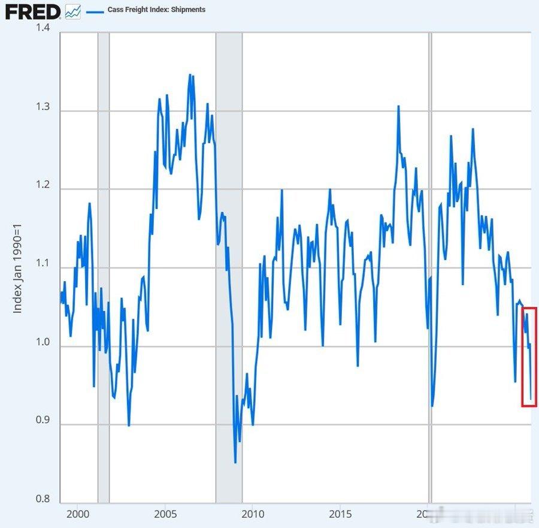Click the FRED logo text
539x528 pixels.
33,11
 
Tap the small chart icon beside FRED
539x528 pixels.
73,11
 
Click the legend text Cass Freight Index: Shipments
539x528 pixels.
156,10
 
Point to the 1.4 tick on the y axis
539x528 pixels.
41,29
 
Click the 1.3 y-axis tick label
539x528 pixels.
41,110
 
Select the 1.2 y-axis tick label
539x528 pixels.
41,188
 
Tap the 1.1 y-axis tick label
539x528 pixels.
41,267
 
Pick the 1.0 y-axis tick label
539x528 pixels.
41,346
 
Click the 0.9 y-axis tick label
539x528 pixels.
41,424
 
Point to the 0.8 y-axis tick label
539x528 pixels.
41,499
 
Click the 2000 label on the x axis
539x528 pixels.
78,514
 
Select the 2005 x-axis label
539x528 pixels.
165,514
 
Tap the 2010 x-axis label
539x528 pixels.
253,514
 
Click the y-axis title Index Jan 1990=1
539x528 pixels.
18,267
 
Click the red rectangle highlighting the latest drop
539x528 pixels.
529,357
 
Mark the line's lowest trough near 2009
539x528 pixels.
235,462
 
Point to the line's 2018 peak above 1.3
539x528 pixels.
398,107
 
